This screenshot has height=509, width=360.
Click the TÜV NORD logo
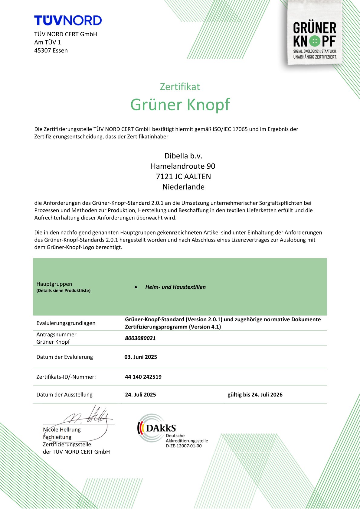coord(68,21)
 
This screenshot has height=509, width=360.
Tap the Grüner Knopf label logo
coord(315,39)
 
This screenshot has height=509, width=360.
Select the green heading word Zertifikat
coord(180,87)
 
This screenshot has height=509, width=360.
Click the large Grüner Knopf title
coord(180,105)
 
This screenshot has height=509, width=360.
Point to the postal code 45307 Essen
coord(51,50)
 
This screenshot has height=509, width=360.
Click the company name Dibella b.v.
coord(183,156)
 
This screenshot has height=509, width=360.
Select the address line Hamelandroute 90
coord(183,166)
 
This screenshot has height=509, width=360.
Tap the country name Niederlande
coord(183,187)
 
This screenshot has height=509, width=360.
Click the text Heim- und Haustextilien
coord(175,287)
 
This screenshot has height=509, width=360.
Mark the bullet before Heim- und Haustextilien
coord(136,287)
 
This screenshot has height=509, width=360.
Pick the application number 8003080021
coord(140,338)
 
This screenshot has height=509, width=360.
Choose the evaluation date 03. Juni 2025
coord(141,357)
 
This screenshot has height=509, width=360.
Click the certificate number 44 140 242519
coord(143,377)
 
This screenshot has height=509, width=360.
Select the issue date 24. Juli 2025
coord(140,395)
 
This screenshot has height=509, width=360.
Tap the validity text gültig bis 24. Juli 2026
coord(255,395)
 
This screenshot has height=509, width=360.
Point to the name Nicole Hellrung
coord(62,430)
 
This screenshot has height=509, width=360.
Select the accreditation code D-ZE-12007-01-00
coord(184,446)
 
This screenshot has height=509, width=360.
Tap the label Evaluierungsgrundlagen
coord(66,323)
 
